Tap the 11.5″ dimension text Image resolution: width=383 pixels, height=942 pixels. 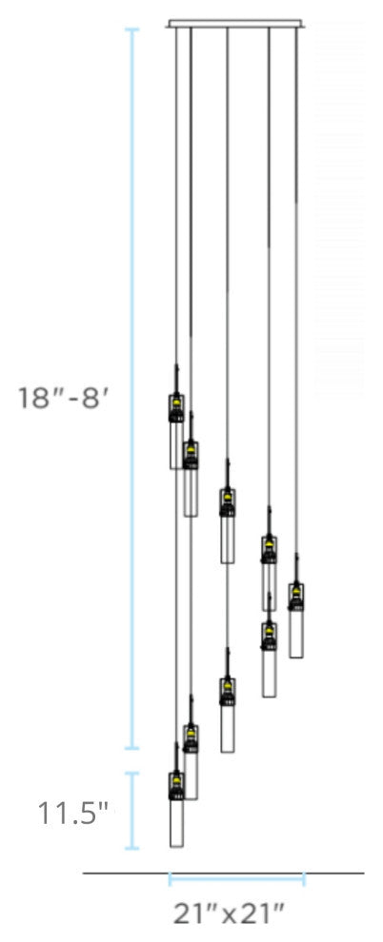tap(73, 814)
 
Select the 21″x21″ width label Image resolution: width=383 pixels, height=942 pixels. tap(230, 915)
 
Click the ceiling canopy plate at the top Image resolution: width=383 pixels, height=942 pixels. tap(235, 23)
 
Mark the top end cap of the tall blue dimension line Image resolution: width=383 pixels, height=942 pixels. tap(132, 30)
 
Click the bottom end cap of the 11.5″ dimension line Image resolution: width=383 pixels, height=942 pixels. tap(132, 848)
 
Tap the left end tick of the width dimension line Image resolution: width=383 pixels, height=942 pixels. tap(171, 878)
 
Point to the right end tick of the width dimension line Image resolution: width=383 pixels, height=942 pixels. tap(304, 878)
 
